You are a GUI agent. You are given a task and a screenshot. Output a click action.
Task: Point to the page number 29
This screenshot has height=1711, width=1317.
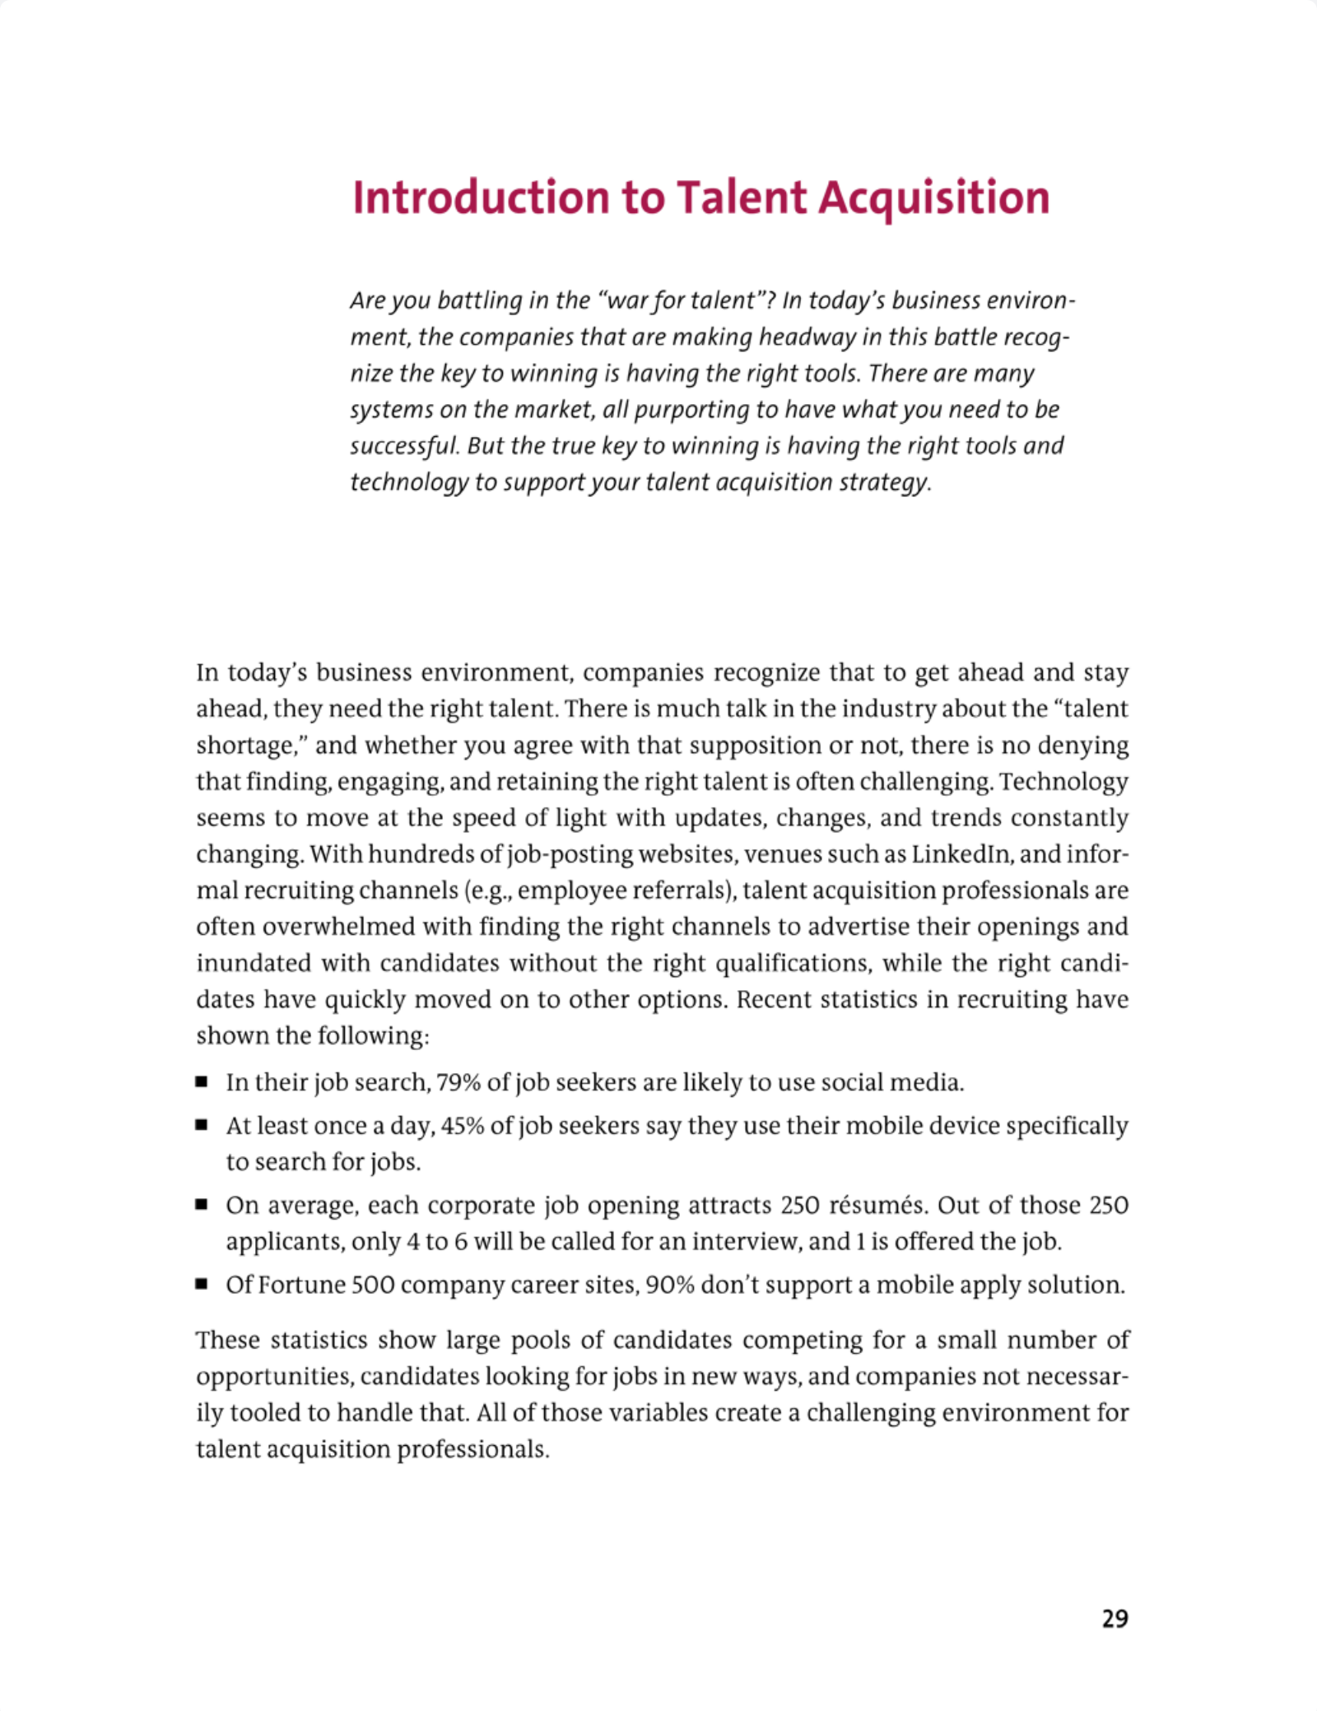pos(1115,1618)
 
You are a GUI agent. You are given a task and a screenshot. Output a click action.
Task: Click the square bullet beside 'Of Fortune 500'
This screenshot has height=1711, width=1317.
pos(202,1285)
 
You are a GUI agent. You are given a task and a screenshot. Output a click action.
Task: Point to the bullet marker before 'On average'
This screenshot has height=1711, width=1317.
pos(202,1205)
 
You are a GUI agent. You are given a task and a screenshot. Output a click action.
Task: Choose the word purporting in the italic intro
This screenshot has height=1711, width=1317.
pos(692,410)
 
